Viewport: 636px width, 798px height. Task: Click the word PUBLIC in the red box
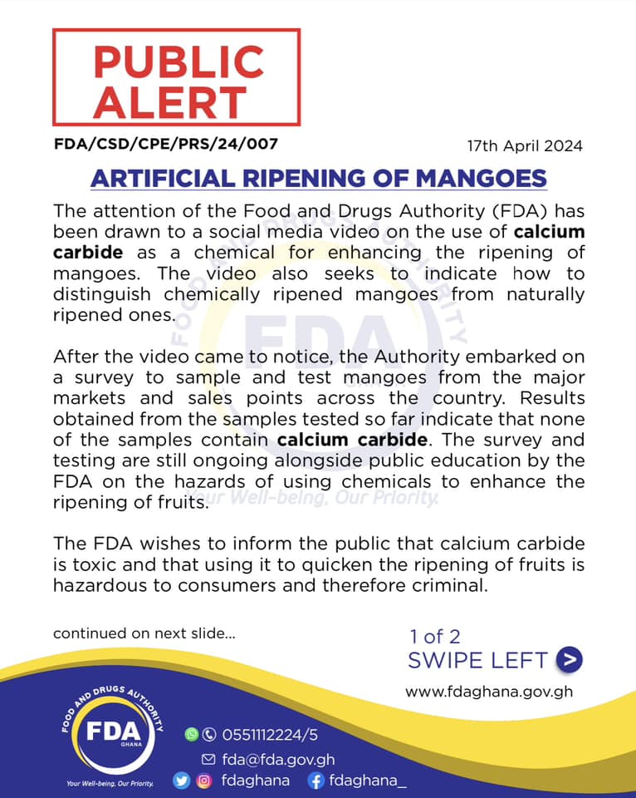(178, 62)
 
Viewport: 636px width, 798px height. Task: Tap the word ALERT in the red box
(169, 102)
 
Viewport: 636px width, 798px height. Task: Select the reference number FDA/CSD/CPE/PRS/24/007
(165, 144)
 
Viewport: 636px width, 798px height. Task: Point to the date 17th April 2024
(525, 145)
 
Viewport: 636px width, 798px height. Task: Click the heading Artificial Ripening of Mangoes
(318, 178)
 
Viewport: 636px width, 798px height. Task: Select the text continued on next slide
(144, 633)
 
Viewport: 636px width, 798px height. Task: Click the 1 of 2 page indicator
(434, 637)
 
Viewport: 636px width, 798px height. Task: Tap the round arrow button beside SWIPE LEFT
(569, 660)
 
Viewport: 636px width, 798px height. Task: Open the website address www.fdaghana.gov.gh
(489, 691)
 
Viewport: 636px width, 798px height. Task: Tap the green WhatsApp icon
(192, 734)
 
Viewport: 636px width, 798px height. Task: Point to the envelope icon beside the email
(208, 759)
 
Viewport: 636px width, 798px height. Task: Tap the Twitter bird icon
(181, 781)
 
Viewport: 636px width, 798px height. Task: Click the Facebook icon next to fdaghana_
(315, 781)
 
